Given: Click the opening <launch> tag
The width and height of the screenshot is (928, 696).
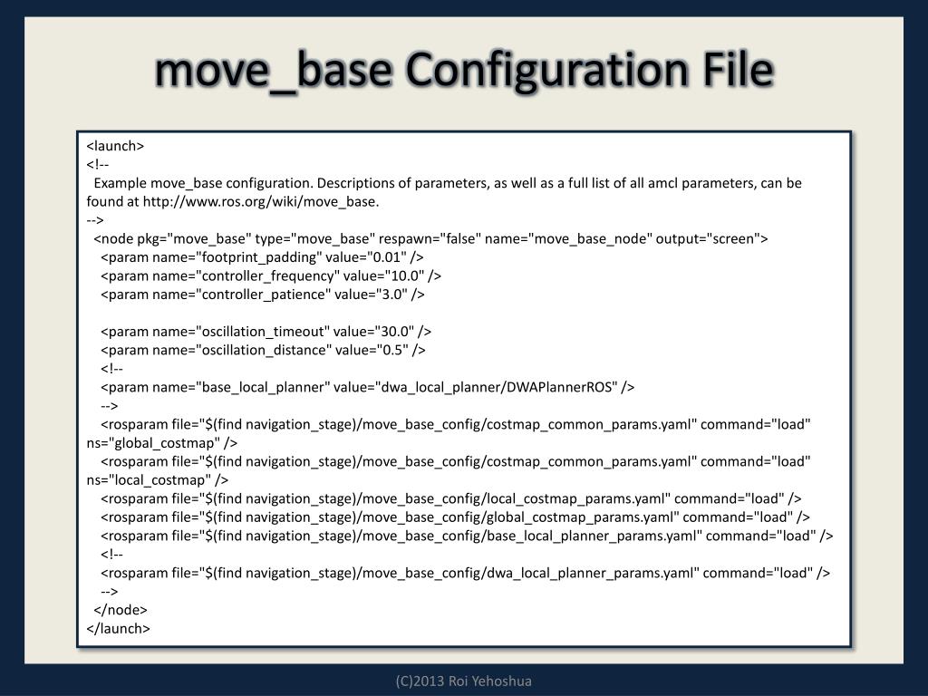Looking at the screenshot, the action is coord(115,146).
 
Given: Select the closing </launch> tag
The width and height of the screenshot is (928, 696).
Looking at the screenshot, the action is coord(118,628).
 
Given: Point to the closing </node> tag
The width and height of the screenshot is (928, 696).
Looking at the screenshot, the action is coord(121,610).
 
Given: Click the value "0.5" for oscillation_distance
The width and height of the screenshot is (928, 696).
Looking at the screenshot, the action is coord(387,350).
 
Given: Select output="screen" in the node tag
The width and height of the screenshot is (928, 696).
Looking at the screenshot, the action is coord(711,238).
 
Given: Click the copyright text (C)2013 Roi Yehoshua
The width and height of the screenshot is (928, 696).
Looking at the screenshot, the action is coord(464,681).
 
